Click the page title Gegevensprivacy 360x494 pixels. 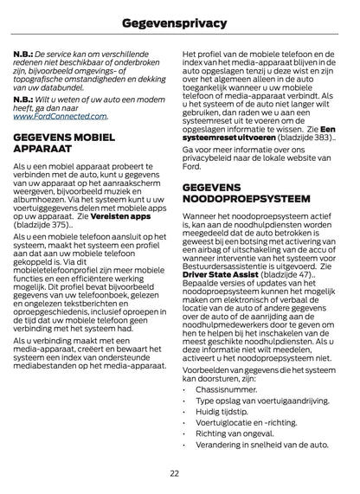[x=180, y=19]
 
